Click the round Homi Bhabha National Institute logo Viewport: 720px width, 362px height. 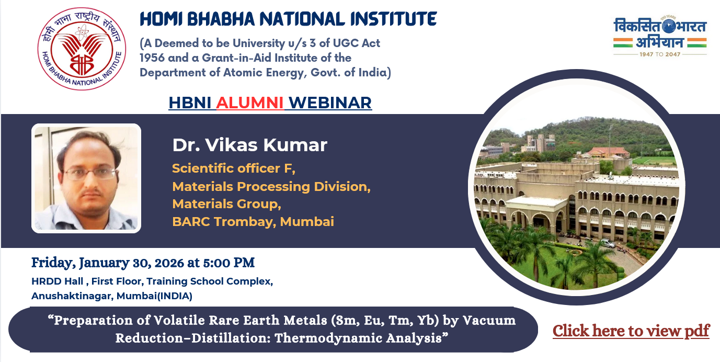point(82,49)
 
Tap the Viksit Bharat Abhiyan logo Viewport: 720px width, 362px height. point(660,36)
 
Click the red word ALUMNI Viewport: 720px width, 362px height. point(250,103)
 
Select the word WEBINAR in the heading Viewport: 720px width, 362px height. point(330,103)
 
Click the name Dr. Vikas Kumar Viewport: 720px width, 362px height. point(250,145)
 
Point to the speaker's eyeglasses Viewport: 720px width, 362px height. point(91,174)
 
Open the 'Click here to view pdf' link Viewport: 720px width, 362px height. point(631,331)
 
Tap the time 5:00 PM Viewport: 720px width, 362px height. point(229,263)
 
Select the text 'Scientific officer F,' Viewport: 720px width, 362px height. point(234,168)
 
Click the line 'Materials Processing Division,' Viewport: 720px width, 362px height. point(271,187)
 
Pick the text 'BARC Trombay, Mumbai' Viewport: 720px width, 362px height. point(253,221)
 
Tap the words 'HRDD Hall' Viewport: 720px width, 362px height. point(57,281)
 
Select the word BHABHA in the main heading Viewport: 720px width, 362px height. point(221,19)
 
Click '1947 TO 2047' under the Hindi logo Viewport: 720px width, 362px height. point(660,54)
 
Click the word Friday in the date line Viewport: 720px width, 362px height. point(53,263)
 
